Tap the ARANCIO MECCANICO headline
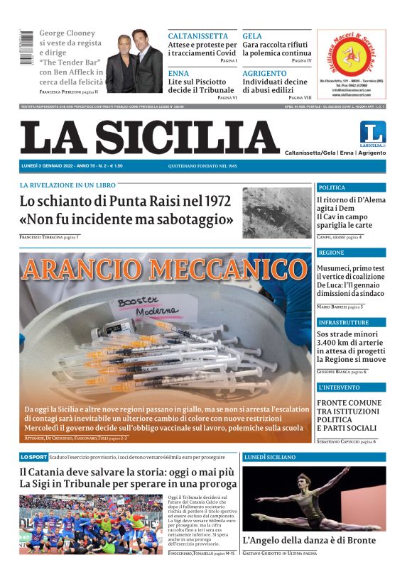click(165, 270)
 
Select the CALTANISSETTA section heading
click(198, 35)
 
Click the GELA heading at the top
click(252, 35)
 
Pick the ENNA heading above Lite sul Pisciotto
click(178, 73)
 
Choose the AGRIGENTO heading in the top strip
click(264, 73)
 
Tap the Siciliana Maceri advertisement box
click(352, 65)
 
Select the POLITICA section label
click(332, 187)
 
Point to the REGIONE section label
click(331, 253)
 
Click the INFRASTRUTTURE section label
click(343, 322)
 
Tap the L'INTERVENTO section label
click(339, 387)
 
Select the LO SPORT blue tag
click(34, 456)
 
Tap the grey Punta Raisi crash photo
click(276, 212)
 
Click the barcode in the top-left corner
click(26, 48)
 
